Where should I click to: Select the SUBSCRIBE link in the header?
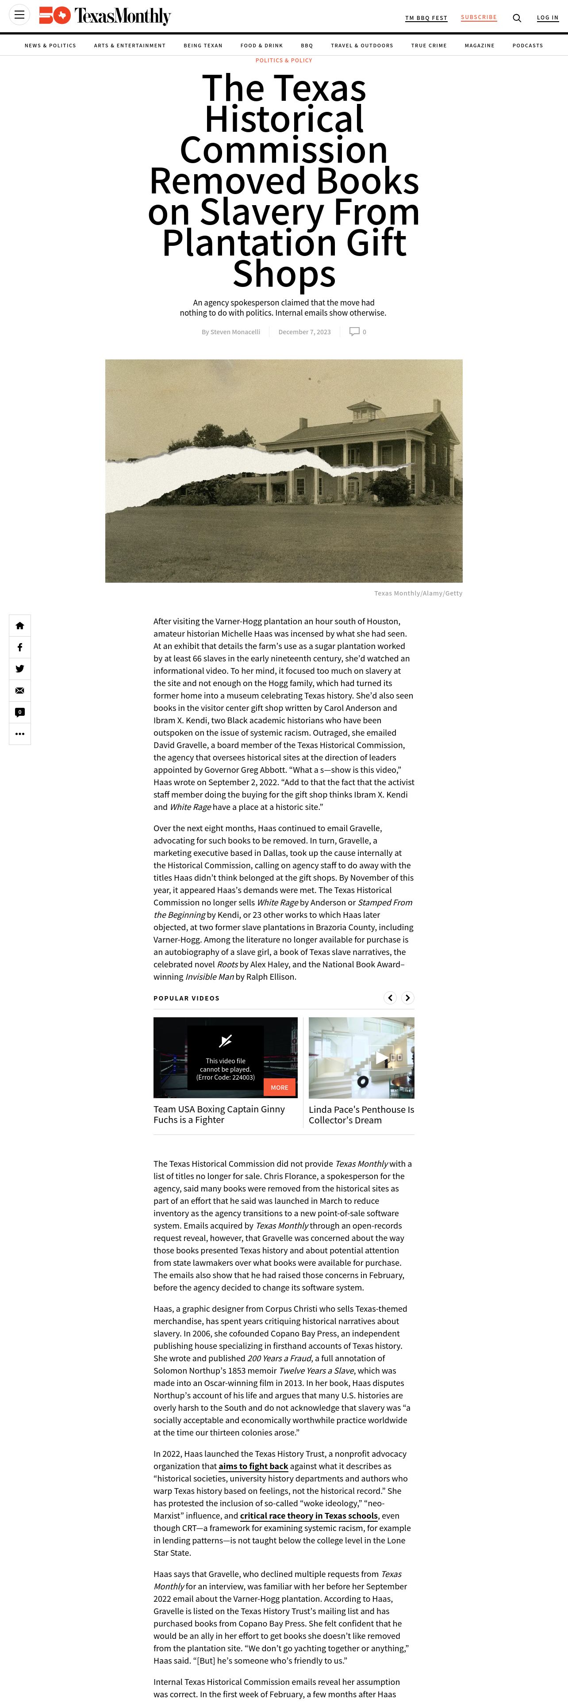(x=479, y=17)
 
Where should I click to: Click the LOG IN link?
(x=548, y=18)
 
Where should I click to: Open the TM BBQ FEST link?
(x=426, y=18)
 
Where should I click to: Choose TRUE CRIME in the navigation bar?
(x=429, y=46)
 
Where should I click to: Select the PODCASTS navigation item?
(x=527, y=46)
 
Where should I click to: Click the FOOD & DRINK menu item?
(x=261, y=46)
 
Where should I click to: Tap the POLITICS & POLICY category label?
(x=284, y=60)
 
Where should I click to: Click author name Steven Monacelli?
(x=235, y=332)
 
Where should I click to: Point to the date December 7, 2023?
(x=304, y=332)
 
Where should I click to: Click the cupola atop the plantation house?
(x=365, y=412)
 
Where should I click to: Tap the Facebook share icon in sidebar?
(x=20, y=647)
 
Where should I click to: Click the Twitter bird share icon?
(x=20, y=669)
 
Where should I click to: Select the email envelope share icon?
(x=20, y=691)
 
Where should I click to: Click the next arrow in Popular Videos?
(x=408, y=997)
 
